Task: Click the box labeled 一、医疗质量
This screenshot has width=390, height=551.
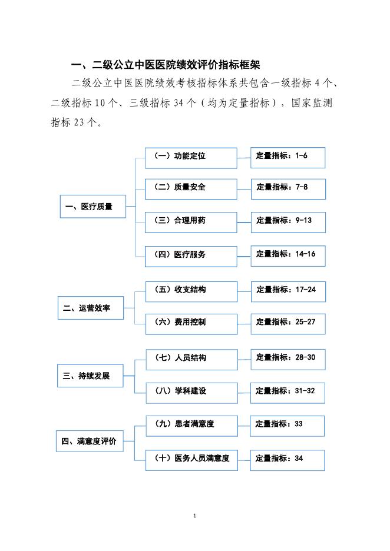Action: (93, 207)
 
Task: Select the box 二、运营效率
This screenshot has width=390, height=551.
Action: (91, 308)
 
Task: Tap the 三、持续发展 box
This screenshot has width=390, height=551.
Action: (91, 376)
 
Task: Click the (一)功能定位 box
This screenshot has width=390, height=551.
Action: (191, 157)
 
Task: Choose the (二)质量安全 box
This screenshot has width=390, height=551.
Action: (191, 188)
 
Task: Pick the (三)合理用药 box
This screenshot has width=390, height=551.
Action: (191, 221)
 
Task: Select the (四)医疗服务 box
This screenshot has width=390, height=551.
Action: (191, 255)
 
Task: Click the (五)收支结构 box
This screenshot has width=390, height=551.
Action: (191, 290)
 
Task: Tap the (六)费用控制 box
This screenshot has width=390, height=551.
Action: (191, 323)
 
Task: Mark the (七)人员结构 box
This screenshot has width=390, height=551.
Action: (191, 358)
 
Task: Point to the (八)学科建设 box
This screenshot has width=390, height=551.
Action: (191, 391)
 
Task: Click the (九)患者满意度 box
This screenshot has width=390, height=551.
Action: (191, 424)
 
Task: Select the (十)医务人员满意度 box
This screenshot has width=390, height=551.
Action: (191, 458)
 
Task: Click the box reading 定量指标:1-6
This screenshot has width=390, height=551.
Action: (287, 157)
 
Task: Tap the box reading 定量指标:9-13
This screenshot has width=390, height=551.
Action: (287, 221)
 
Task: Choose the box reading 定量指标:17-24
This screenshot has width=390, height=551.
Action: (287, 290)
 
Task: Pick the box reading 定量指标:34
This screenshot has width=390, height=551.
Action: (287, 459)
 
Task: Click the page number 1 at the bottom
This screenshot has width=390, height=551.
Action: (194, 516)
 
